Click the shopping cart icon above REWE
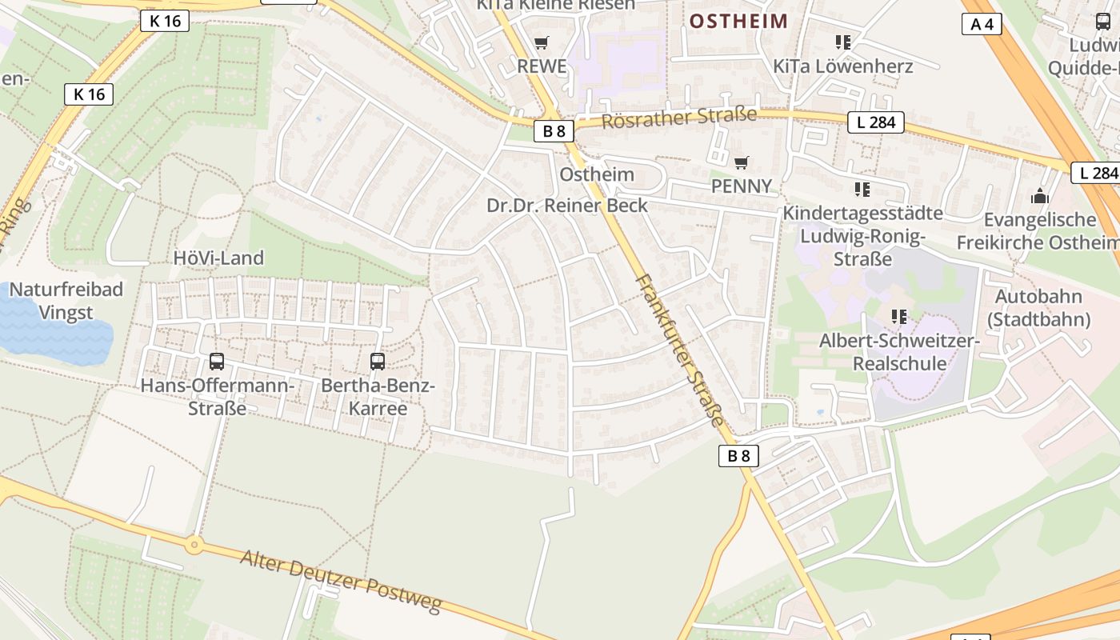(x=542, y=42)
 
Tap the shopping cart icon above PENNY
(x=742, y=163)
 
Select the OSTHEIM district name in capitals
(x=738, y=21)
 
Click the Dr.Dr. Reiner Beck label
(x=567, y=206)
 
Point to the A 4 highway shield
(x=982, y=24)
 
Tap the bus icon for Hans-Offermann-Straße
(x=217, y=362)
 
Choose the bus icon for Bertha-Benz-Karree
(x=378, y=362)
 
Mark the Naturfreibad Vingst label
(x=66, y=301)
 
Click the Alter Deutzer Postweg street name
(x=341, y=582)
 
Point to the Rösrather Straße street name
(x=678, y=118)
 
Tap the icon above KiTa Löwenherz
(x=842, y=42)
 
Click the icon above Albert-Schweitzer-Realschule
(x=899, y=317)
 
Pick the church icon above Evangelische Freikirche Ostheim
(x=1039, y=195)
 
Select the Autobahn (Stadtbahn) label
(x=1038, y=308)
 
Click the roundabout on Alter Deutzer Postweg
(x=194, y=546)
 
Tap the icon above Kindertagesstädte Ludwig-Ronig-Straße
(x=862, y=190)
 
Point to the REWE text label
(x=542, y=66)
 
